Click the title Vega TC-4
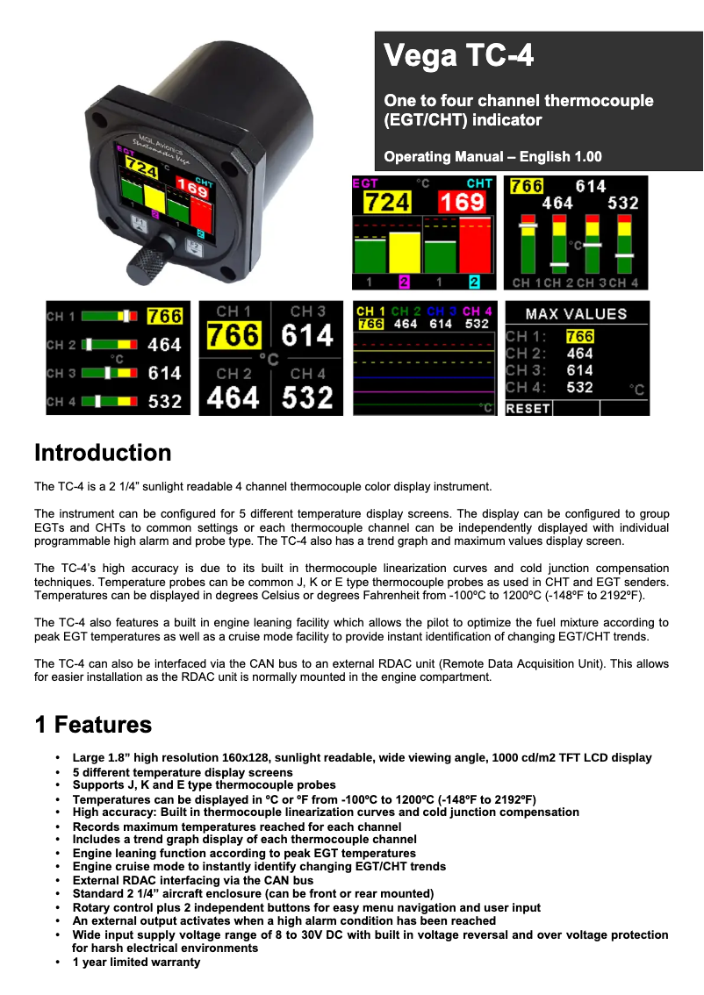(x=458, y=57)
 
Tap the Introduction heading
(x=103, y=453)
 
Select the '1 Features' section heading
(x=93, y=725)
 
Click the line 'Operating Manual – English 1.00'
(x=492, y=157)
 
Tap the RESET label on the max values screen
(x=528, y=408)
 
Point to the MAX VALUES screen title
(x=577, y=314)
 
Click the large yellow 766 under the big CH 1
(x=233, y=335)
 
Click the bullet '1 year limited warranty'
(x=136, y=962)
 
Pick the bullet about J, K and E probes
(x=204, y=785)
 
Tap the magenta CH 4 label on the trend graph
(x=477, y=311)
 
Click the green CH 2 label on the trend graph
(x=405, y=311)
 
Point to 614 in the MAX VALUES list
(x=579, y=370)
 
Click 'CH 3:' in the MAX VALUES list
(x=527, y=370)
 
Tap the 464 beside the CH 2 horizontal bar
(x=164, y=345)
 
